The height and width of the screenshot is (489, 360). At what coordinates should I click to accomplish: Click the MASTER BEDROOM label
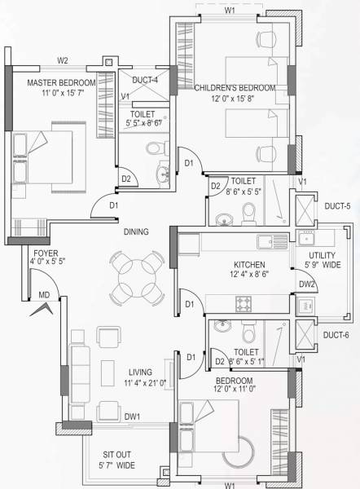pyautogui.click(x=62, y=83)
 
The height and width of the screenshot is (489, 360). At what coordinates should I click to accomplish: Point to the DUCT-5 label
pyautogui.click(x=336, y=207)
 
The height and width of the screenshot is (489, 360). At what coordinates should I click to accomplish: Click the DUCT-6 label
pyautogui.click(x=336, y=335)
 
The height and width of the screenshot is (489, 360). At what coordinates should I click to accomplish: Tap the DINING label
pyautogui.click(x=136, y=232)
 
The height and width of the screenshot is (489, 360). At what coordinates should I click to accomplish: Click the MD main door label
pyautogui.click(x=45, y=294)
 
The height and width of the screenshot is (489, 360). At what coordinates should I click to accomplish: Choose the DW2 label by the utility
pyautogui.click(x=306, y=284)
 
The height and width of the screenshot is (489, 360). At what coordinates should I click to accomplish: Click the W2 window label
pyautogui.click(x=63, y=60)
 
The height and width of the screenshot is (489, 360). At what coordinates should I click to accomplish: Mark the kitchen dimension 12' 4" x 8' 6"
pyautogui.click(x=251, y=276)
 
